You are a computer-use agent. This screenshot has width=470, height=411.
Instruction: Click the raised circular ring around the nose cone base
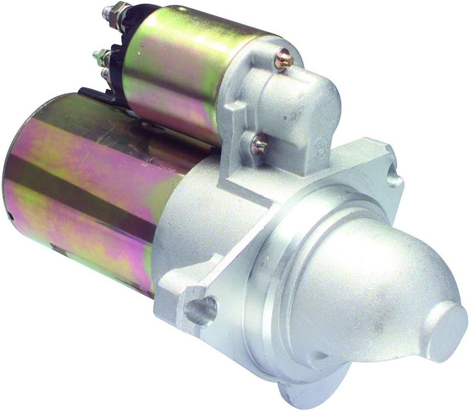click(291, 245)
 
